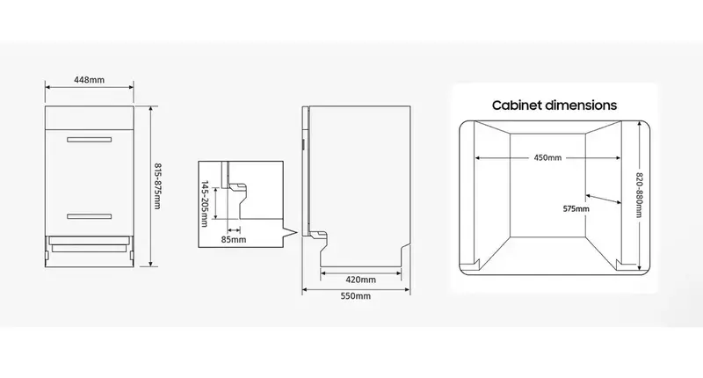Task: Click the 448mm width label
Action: [90, 80]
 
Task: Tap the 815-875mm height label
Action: [157, 185]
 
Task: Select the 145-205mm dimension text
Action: [205, 204]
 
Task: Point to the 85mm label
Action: [234, 239]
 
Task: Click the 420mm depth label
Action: [360, 280]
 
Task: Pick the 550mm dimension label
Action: [356, 296]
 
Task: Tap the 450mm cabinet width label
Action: [547, 158]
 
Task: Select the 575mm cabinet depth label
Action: [576, 209]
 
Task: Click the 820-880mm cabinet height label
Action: [640, 195]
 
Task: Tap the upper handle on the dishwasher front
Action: [90, 140]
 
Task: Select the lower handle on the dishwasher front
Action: [90, 216]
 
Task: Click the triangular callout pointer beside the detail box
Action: [290, 233]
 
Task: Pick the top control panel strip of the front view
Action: [90, 119]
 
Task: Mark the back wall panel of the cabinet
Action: [547, 185]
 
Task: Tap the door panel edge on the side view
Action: [305, 171]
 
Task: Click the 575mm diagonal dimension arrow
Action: [604, 199]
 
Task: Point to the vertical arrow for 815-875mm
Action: [150, 186]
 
